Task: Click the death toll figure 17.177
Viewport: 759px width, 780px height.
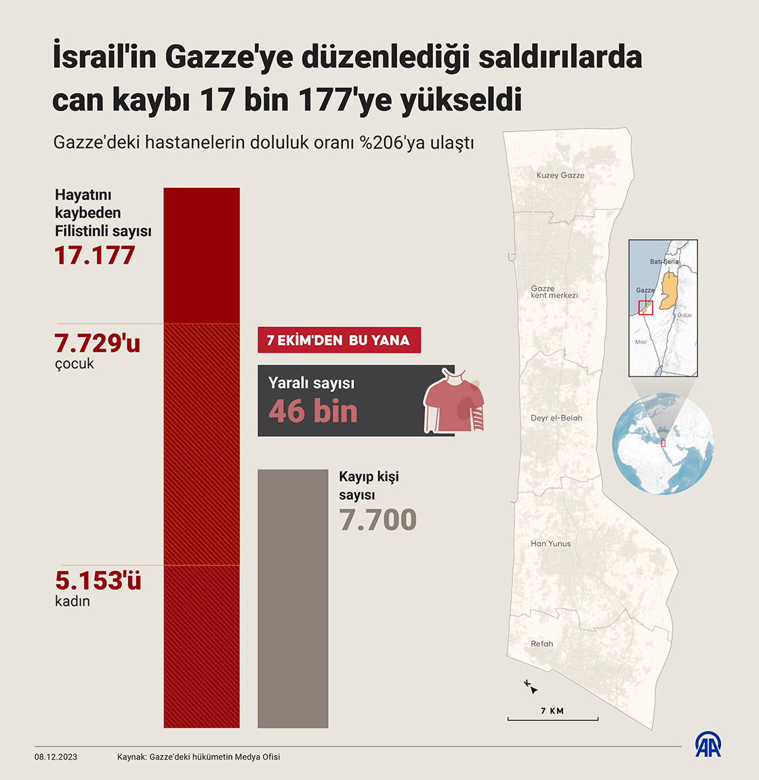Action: (95, 256)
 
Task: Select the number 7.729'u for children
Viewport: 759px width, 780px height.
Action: (97, 343)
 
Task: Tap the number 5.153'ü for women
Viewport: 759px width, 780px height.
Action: (98, 581)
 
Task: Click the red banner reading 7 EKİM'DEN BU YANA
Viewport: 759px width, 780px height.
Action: (339, 340)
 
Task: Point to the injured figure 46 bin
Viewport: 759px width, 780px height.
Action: (313, 411)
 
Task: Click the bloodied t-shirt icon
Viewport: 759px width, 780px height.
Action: (453, 402)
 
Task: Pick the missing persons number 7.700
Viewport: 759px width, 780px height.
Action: (377, 520)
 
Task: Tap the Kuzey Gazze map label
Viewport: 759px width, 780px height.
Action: (560, 175)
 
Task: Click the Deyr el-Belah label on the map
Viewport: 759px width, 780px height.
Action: (556, 418)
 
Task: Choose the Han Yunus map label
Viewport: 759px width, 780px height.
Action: (550, 543)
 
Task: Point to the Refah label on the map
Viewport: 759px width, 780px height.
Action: (541, 644)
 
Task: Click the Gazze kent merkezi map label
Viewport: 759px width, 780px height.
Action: (554, 292)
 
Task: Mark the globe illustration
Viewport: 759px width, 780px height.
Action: (663, 444)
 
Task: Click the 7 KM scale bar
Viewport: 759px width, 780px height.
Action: (552, 718)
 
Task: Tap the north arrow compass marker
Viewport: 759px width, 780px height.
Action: (531, 687)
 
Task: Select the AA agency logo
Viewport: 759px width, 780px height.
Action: (707, 744)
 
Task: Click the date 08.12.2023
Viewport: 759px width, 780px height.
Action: (56, 757)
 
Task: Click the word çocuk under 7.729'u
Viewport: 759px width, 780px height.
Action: (75, 364)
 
